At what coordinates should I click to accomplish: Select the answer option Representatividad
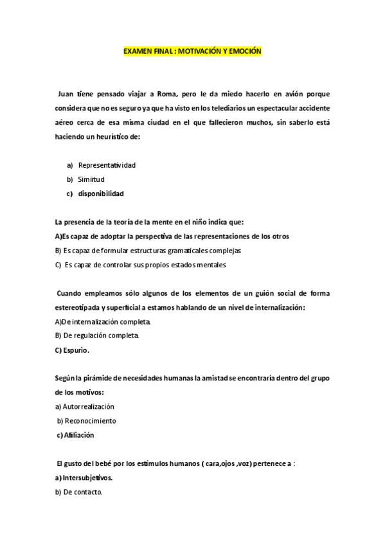coord(107,165)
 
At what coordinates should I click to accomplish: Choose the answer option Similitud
coord(91,179)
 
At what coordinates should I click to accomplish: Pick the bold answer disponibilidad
coord(101,193)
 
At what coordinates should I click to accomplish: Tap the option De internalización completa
coord(106,321)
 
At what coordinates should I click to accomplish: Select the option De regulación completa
coord(100,335)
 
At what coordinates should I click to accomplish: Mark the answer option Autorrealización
coord(88,406)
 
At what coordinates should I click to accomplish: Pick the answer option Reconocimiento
coord(89,420)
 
